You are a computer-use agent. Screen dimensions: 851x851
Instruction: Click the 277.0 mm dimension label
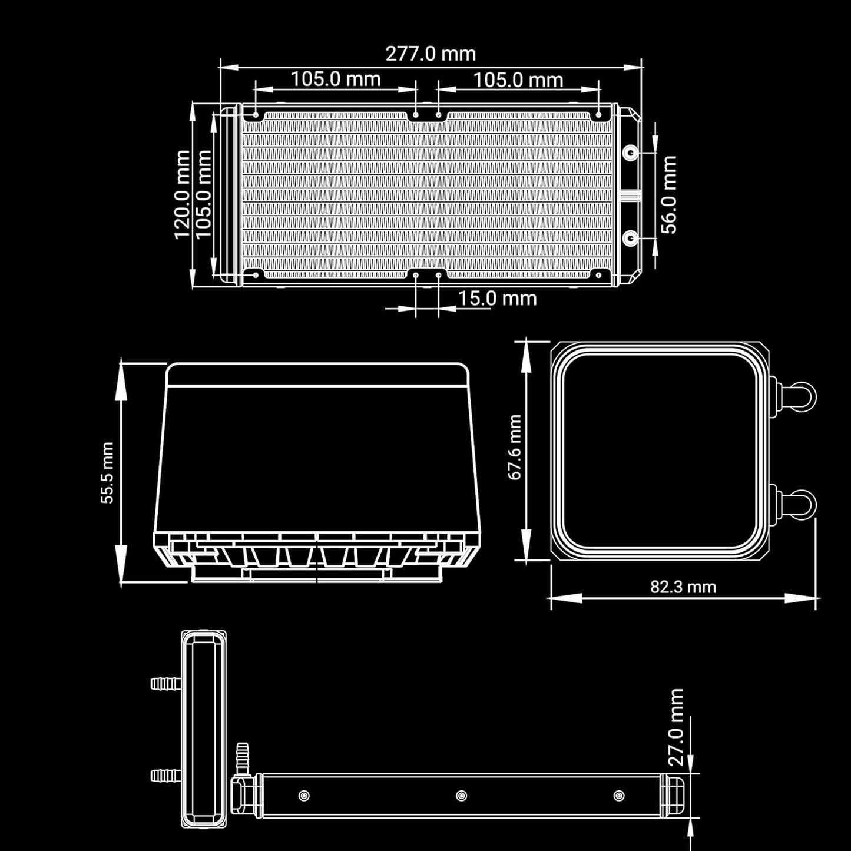click(x=431, y=54)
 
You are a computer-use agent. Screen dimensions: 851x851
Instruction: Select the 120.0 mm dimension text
click(x=182, y=195)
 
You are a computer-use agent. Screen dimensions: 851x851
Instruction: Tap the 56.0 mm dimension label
click(x=668, y=195)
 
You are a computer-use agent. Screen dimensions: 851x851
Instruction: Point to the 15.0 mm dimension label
click(x=497, y=299)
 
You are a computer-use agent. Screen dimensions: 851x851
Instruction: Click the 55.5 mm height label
click(x=107, y=472)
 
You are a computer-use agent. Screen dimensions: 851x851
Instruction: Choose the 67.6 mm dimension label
click(x=515, y=447)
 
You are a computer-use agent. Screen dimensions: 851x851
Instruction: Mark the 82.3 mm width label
click(x=683, y=587)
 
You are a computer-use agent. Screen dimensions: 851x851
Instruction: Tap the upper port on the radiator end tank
click(x=631, y=153)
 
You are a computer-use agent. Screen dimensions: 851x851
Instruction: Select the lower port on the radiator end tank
click(x=631, y=239)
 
